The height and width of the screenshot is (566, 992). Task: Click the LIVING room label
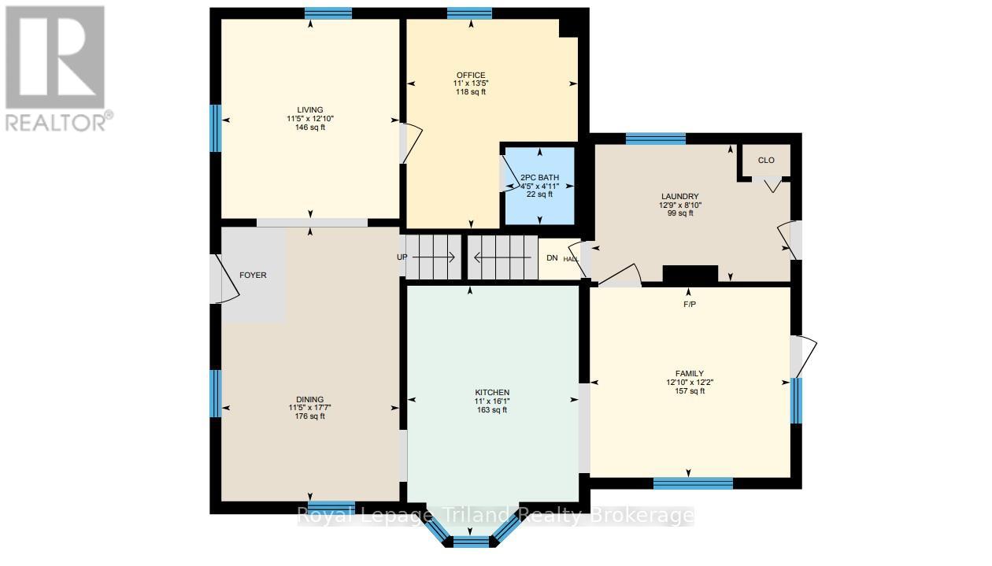[310, 110]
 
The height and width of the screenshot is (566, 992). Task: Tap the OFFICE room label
[471, 76]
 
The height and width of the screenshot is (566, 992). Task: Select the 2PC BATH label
[539, 178]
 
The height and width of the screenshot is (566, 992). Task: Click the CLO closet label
[766, 161]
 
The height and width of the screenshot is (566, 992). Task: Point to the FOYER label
[253, 275]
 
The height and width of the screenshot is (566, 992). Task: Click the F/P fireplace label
[690, 305]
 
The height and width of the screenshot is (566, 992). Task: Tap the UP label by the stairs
[402, 257]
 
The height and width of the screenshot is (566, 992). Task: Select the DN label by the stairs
[552, 257]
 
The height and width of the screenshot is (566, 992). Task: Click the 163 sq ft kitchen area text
[492, 410]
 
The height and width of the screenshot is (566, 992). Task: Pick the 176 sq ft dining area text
[310, 416]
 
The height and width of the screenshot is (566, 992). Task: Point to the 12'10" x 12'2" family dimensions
[690, 383]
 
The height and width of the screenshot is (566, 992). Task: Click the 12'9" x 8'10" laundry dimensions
[680, 205]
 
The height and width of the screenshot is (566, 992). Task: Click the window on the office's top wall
[469, 13]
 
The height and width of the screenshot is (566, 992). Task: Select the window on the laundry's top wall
[655, 139]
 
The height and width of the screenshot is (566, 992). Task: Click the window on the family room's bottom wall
[693, 483]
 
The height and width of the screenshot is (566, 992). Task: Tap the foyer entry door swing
[228, 279]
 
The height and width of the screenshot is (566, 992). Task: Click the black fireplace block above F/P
[690, 273]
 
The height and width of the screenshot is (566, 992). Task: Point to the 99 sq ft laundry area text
[680, 213]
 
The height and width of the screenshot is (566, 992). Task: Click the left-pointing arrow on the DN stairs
[502, 257]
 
